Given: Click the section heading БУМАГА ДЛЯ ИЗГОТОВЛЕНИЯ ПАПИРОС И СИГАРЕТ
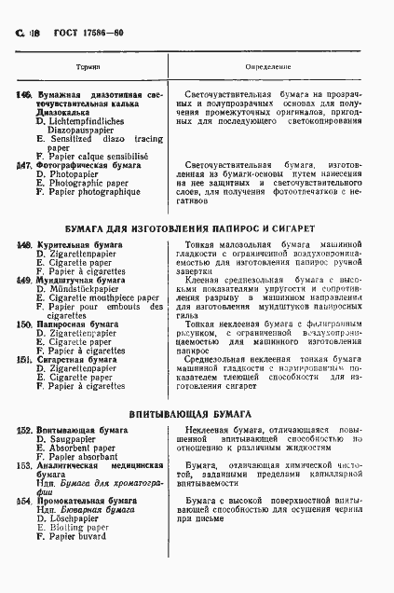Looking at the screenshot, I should (197, 228).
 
